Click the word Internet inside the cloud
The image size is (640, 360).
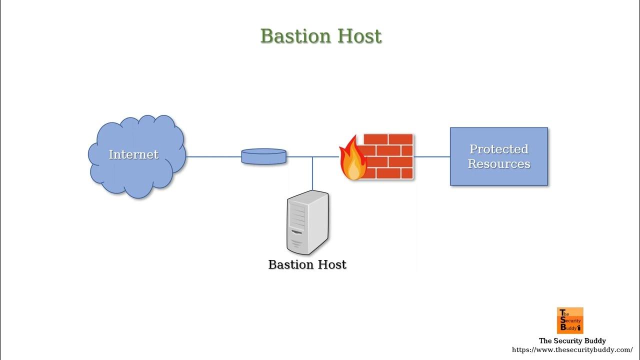coord(133,154)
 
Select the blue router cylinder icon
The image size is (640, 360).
coord(263,156)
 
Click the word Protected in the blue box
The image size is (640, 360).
coord(498,149)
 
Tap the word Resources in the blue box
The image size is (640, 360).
coord(498,164)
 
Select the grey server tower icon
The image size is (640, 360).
coord(307,222)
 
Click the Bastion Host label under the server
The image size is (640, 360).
coord(307,264)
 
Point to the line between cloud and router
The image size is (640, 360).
coord(213,156)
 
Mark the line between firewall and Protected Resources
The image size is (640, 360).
coord(432,156)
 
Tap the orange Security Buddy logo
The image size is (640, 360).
coord(570,320)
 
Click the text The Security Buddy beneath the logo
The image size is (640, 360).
coord(572,341)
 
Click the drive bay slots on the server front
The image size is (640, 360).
coord(297,217)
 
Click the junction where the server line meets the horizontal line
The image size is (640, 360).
coord(312,156)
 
